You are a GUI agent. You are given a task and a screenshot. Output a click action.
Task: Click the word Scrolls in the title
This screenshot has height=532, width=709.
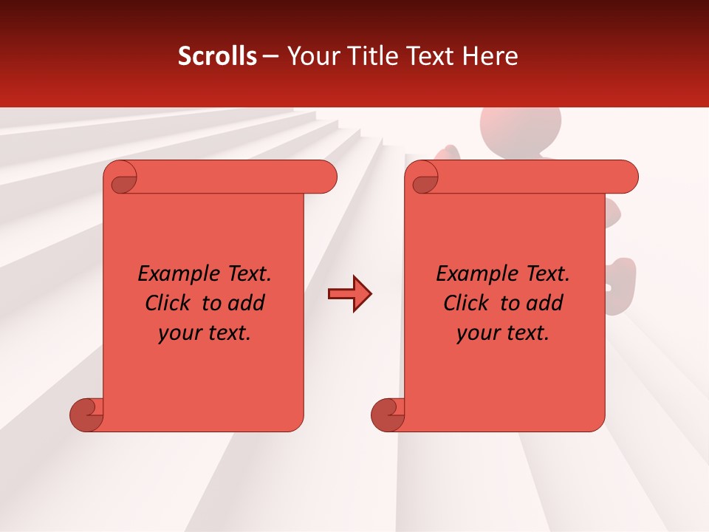tap(217, 56)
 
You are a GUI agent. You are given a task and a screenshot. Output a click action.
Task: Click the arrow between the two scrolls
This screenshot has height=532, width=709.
tap(349, 294)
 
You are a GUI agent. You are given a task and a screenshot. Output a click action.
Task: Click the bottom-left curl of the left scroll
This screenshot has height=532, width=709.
tap(87, 415)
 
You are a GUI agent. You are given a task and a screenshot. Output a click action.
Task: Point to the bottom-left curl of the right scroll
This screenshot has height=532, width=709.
tap(388, 415)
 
